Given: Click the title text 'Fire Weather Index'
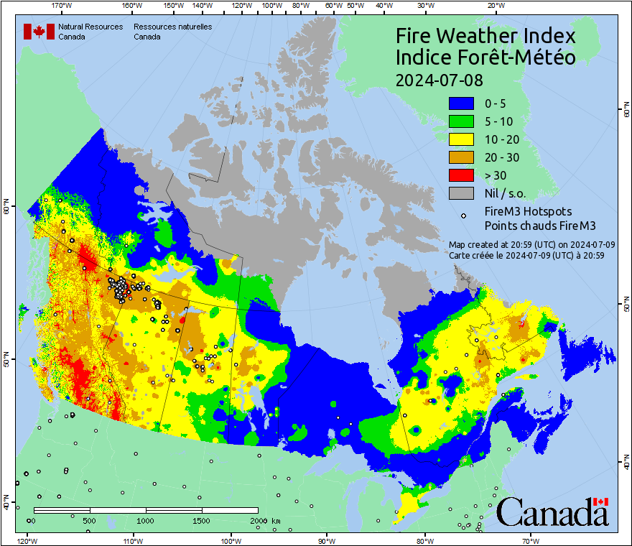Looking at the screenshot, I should (485, 36).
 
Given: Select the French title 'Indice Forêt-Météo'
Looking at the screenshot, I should (485, 57).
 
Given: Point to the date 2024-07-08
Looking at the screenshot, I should (440, 79).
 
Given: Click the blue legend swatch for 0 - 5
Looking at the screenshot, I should (461, 103).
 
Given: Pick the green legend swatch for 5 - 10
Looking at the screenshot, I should (461, 121).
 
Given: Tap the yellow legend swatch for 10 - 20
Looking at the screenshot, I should (461, 139).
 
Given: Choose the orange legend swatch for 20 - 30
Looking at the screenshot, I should (461, 157).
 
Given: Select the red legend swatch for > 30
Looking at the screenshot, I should (461, 175).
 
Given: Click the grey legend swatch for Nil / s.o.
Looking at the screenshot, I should (461, 193).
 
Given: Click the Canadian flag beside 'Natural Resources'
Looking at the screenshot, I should (34, 32).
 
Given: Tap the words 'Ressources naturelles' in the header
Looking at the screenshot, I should (172, 27).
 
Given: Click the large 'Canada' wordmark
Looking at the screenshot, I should (552, 512).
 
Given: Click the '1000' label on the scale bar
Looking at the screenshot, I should (146, 520).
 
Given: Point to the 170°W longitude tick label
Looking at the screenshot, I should (62, 6).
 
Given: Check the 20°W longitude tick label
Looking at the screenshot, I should (494, 6).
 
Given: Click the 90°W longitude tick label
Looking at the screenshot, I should (326, 540).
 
